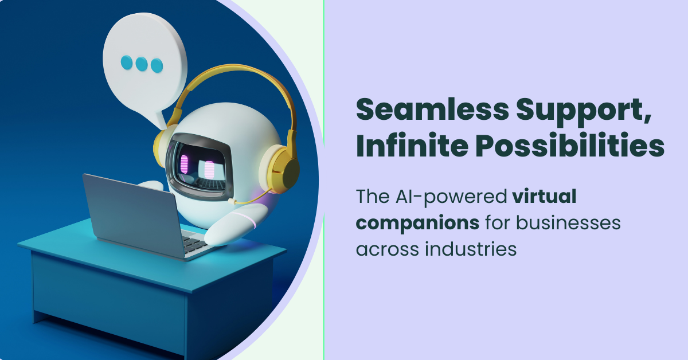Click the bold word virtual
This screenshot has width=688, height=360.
coord(544,197)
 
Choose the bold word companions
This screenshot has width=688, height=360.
coord(418,223)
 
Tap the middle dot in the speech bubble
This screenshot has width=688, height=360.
coord(142,63)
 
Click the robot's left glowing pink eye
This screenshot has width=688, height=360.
coord(185,163)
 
